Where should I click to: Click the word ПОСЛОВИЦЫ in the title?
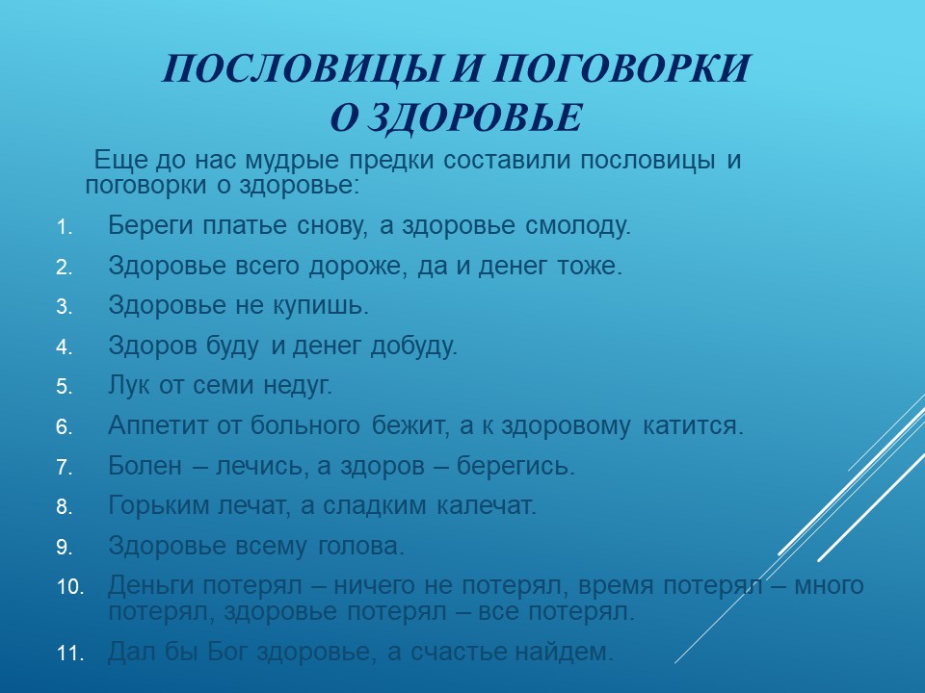tap(301, 68)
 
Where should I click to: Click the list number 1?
tap(65, 227)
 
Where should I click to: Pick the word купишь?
tap(320, 306)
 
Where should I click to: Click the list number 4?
tap(65, 347)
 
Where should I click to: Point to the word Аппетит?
tap(158, 425)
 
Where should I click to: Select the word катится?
tap(693, 425)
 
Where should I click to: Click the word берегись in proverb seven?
tap(515, 466)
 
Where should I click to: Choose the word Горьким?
tap(159, 505)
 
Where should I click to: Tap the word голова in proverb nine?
tap(361, 546)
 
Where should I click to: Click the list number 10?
tap(69, 587)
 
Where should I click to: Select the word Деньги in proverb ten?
tap(151, 586)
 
